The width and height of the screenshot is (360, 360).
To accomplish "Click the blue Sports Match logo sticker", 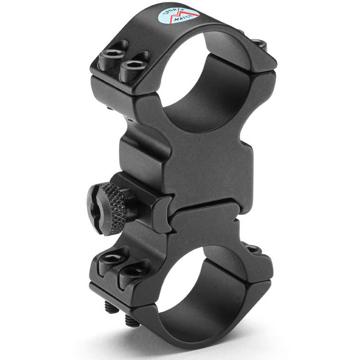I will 178,16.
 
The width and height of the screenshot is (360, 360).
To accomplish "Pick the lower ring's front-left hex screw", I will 113,259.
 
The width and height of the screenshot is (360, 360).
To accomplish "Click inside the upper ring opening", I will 199,85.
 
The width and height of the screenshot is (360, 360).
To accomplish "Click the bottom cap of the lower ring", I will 180,332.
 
